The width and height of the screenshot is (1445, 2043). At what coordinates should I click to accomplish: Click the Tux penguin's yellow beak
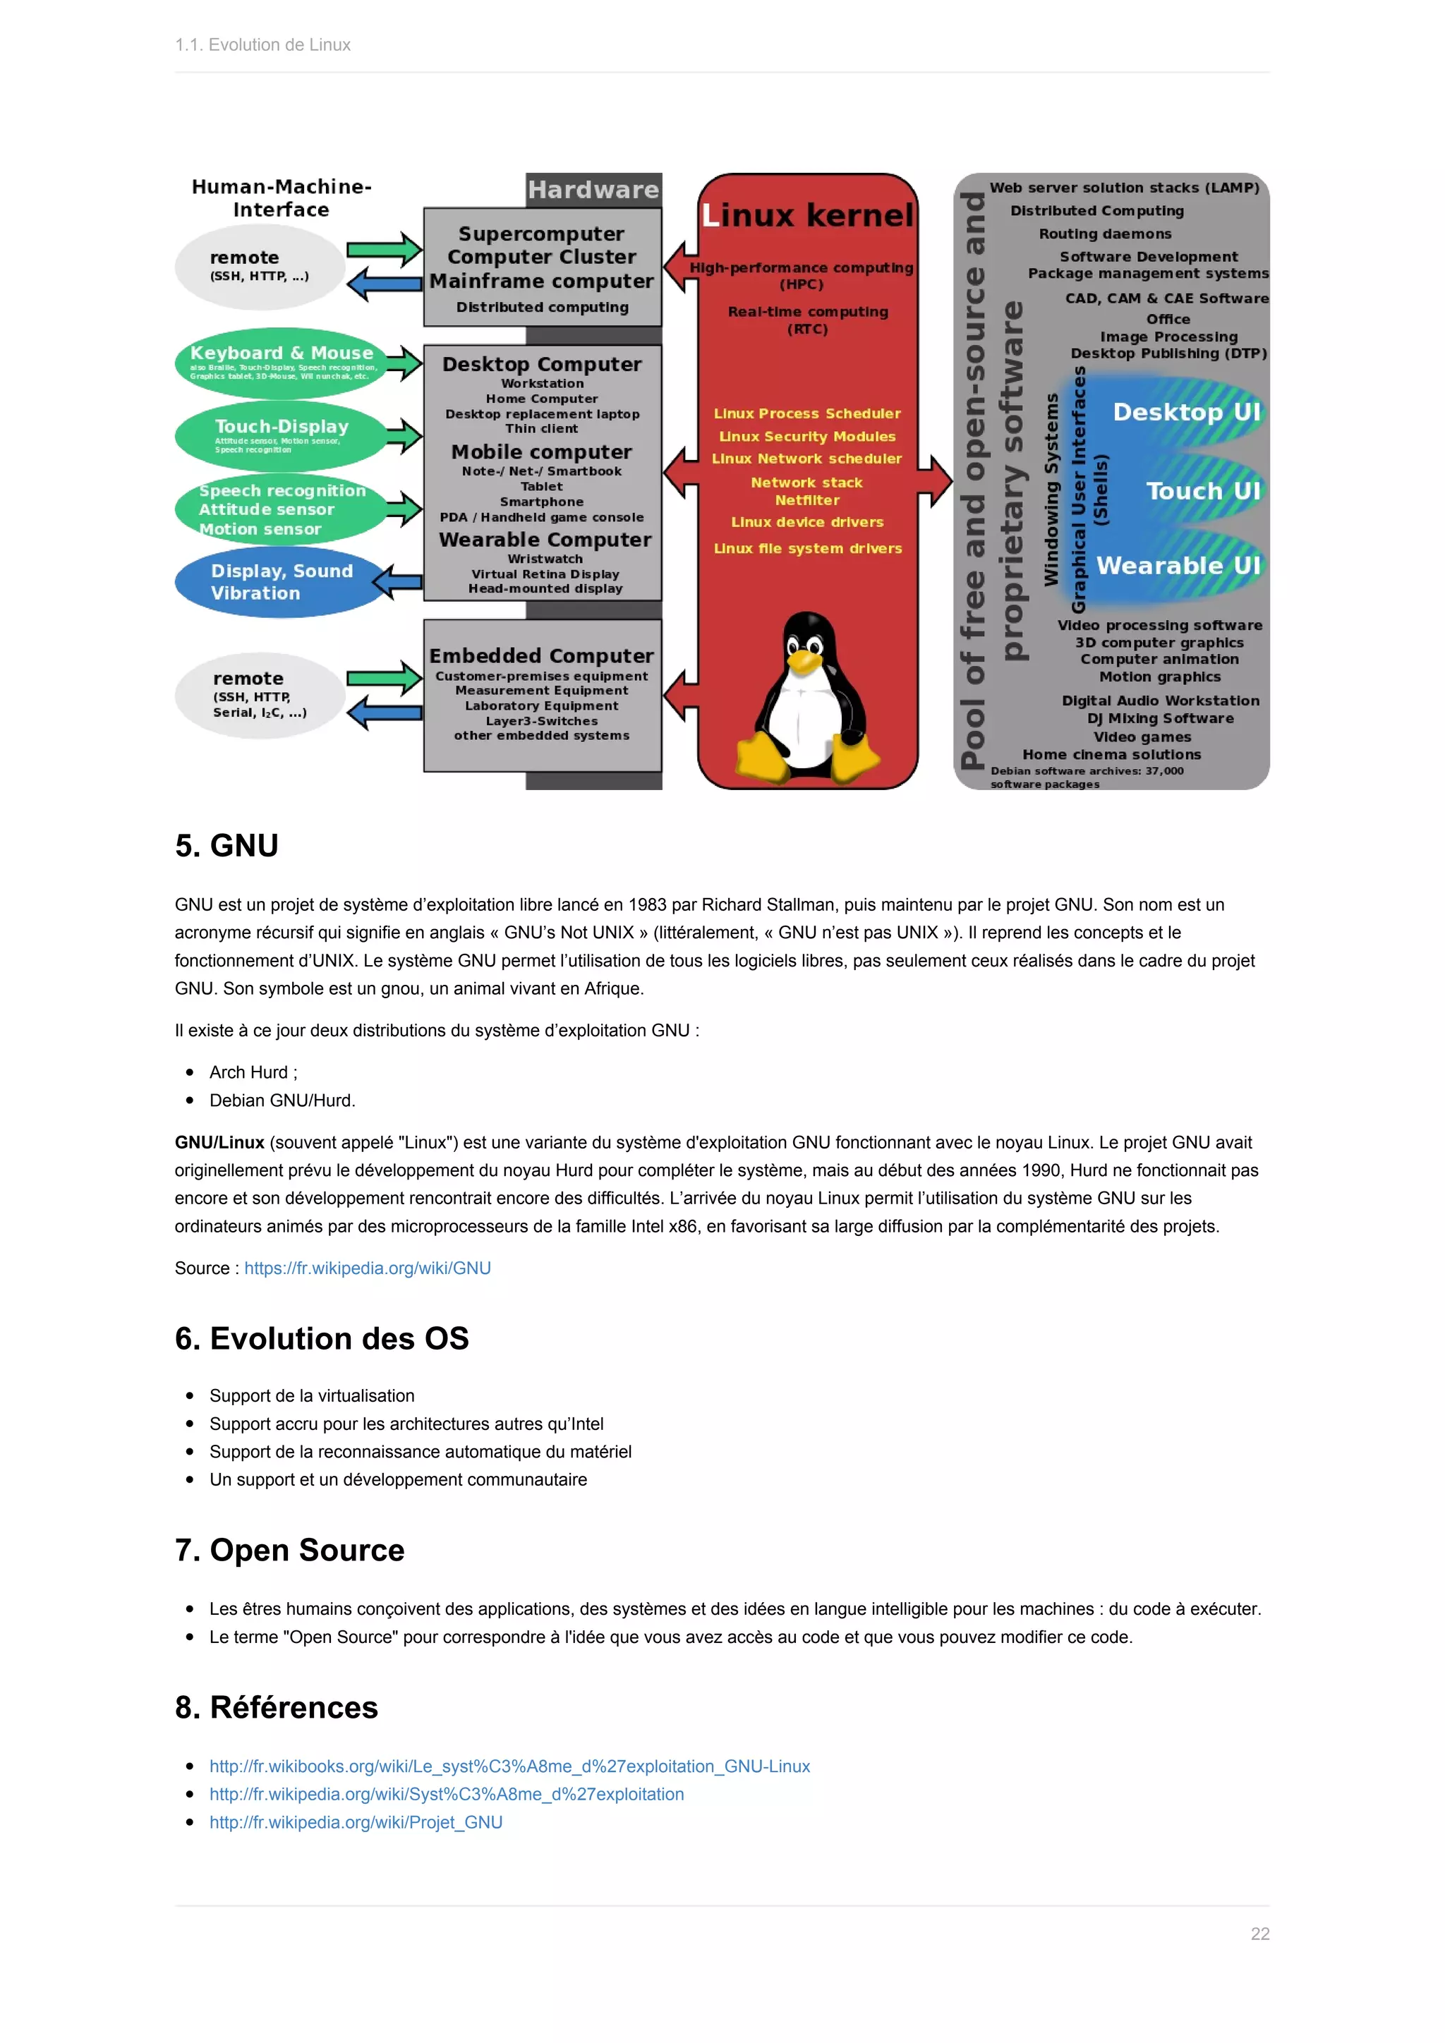[x=804, y=660]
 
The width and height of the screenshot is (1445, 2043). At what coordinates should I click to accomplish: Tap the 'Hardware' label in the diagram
[x=593, y=190]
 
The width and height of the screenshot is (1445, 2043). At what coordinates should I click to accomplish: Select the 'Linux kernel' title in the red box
[x=808, y=215]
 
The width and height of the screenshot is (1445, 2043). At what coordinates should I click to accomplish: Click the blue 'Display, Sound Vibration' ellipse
[x=282, y=582]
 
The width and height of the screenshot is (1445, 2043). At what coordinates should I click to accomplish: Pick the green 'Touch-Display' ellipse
[x=282, y=435]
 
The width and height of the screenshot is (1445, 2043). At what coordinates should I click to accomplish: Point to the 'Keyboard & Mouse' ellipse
[x=282, y=360]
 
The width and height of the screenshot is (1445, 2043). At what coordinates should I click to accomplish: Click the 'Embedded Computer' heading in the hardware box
[x=541, y=656]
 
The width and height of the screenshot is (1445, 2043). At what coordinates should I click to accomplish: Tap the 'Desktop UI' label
[x=1186, y=412]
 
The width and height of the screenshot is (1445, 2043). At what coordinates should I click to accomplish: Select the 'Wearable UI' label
[x=1178, y=566]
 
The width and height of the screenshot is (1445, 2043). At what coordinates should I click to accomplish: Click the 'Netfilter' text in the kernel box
[x=807, y=500]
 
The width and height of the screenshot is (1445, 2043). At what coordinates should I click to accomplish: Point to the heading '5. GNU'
[x=227, y=845]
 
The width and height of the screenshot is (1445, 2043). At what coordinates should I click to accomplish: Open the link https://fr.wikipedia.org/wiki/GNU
[x=368, y=1268]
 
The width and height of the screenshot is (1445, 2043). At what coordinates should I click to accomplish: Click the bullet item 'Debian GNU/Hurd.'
[x=282, y=1101]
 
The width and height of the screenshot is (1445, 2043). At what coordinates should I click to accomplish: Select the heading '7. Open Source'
[x=290, y=1550]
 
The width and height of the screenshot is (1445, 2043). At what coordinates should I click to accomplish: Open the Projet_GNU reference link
[x=356, y=1822]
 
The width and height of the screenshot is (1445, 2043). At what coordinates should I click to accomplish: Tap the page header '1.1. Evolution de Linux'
[x=262, y=44]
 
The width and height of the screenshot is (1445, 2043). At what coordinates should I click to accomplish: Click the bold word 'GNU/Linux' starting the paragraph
[x=219, y=1143]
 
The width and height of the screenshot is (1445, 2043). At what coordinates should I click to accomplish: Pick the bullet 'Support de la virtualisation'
[x=311, y=1396]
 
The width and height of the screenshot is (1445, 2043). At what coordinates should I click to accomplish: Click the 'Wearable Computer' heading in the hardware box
[x=545, y=540]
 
